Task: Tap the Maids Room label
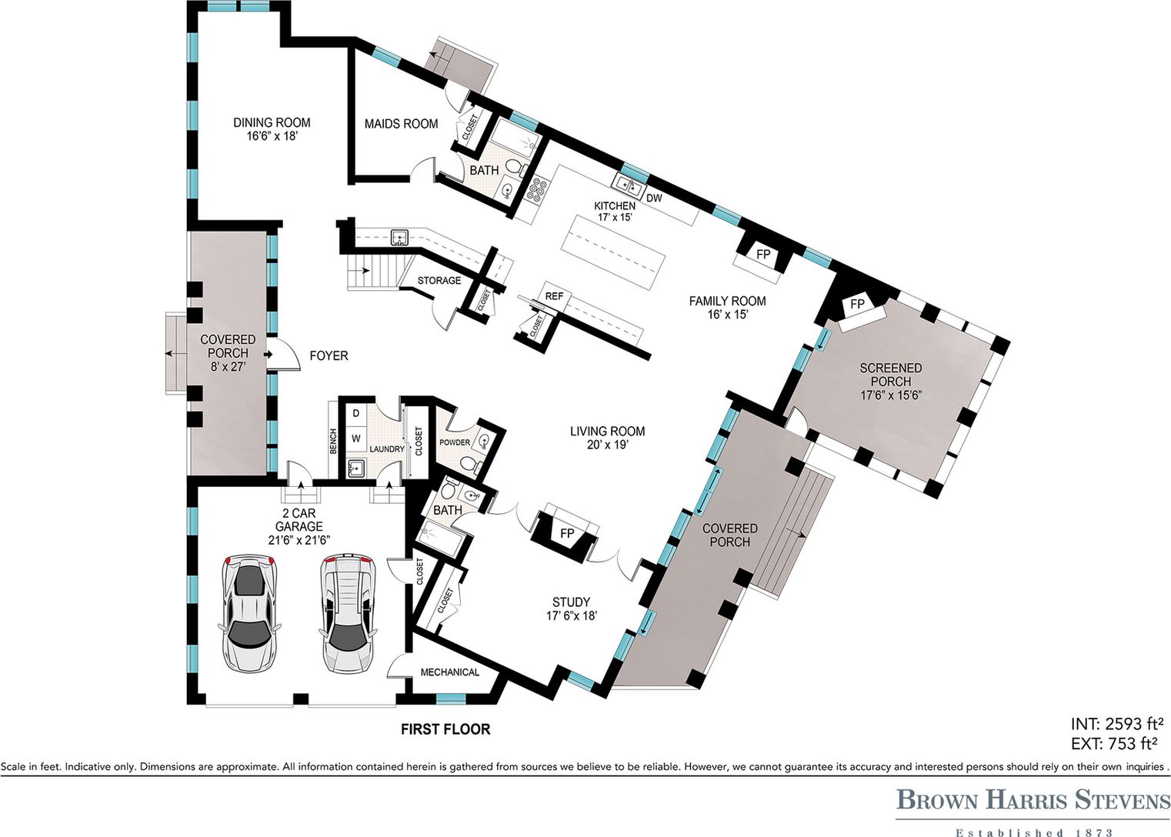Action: [x=401, y=124]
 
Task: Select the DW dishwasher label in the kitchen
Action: [x=654, y=198]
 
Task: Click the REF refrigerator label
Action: [x=554, y=296]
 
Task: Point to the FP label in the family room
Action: [x=763, y=255]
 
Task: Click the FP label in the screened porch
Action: [x=857, y=304]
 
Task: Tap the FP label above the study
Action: [x=567, y=534]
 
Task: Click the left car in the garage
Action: [x=249, y=612]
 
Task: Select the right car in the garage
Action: [x=346, y=614]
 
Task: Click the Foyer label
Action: [x=329, y=355]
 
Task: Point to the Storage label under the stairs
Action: [x=439, y=280]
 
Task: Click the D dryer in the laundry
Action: [x=356, y=413]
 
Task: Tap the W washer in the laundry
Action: [x=356, y=438]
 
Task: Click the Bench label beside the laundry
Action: [x=333, y=441]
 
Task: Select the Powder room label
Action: [x=454, y=442]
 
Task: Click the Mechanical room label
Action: [x=449, y=672]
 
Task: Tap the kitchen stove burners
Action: [x=538, y=189]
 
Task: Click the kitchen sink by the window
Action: [x=629, y=185]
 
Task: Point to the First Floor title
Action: [x=445, y=729]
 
